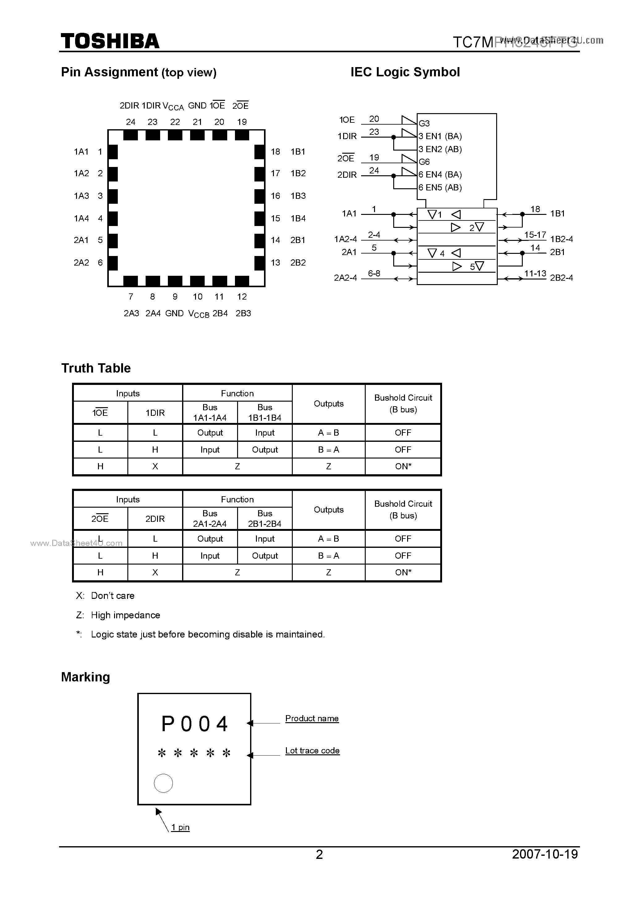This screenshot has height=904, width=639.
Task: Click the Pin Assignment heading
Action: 138,72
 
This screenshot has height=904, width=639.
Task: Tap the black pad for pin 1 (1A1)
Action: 113,151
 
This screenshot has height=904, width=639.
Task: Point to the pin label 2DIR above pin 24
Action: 129,105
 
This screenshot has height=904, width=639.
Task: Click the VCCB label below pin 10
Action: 198,314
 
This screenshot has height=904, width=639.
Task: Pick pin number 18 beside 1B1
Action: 275,151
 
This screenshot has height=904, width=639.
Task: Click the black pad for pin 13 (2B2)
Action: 259,262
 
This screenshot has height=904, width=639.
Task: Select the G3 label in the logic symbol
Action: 424,123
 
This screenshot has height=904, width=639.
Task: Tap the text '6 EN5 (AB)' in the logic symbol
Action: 440,187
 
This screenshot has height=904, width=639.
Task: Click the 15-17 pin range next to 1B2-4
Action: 535,235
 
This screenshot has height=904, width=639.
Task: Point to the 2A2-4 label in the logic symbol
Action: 345,278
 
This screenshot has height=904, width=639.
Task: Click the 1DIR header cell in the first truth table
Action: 155,413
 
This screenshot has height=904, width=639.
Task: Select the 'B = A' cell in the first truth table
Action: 328,450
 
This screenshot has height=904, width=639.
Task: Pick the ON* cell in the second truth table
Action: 403,573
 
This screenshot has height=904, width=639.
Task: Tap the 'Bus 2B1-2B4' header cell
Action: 265,518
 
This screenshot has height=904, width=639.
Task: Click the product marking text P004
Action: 195,724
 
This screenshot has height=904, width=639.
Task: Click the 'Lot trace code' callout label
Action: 312,750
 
